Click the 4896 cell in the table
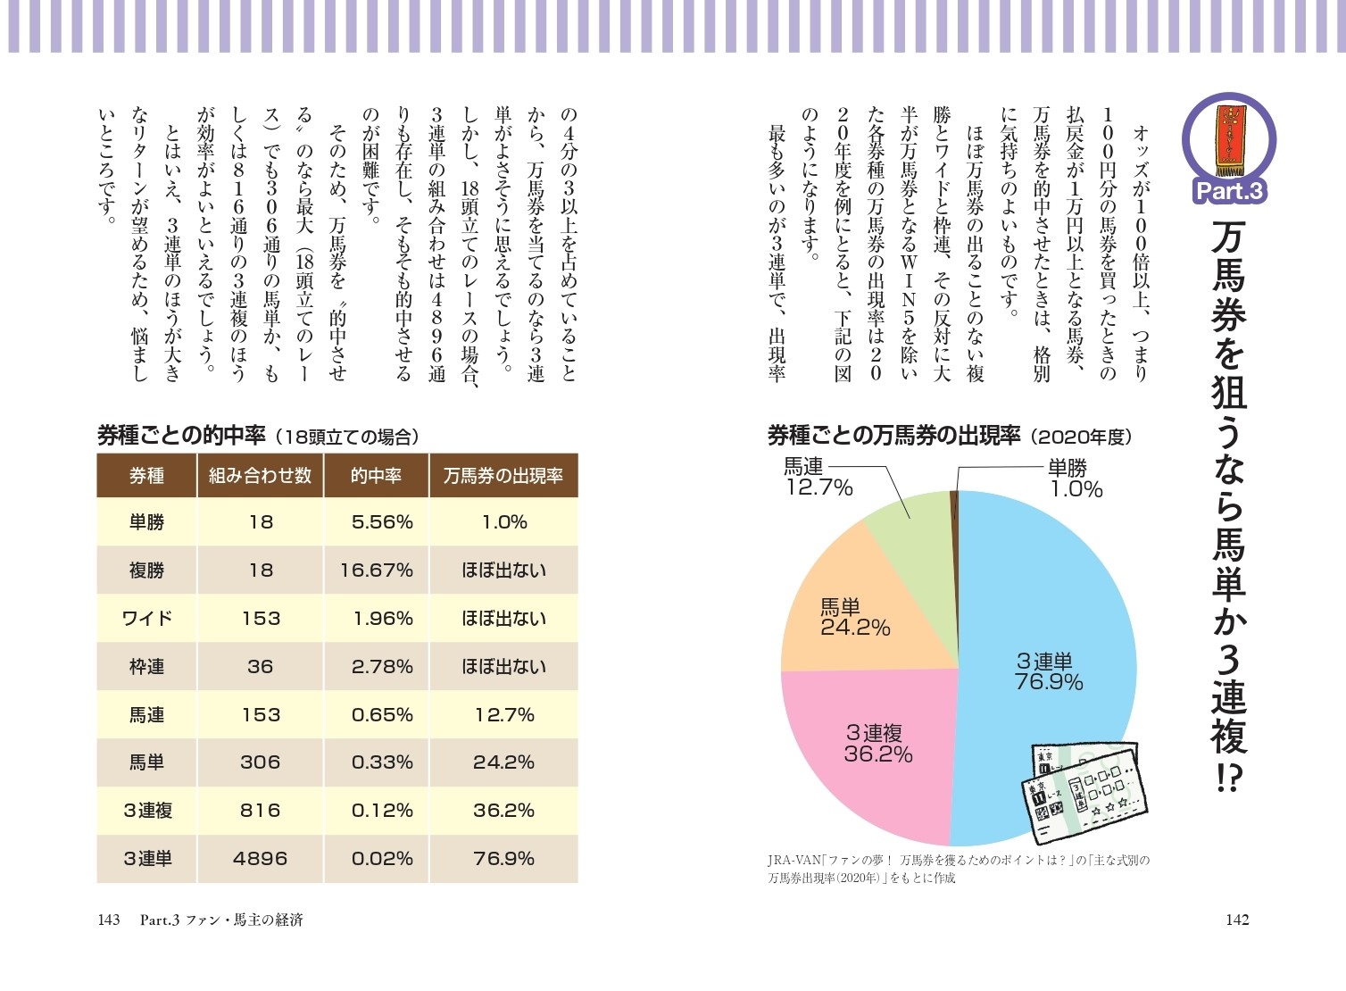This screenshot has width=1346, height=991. point(260,859)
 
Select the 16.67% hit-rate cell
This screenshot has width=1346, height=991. point(376,570)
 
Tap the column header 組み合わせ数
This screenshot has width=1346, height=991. point(260,476)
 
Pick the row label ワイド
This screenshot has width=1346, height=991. point(146,619)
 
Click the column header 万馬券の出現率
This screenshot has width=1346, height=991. point(503,476)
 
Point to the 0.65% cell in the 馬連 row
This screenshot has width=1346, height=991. point(381,715)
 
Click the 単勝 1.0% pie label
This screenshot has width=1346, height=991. point(1075,479)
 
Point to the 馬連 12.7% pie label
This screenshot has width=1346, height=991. point(818,477)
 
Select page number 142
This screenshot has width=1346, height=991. point(1236,920)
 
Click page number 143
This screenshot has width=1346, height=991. point(109,920)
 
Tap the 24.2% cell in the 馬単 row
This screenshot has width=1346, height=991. point(503,762)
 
